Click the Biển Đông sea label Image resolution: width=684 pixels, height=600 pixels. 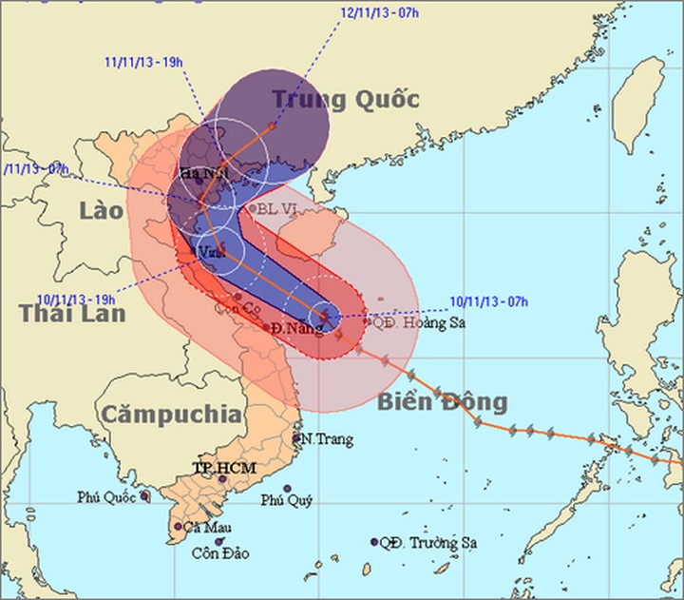[x=443, y=400]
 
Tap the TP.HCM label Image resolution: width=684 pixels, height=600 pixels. [x=214, y=468]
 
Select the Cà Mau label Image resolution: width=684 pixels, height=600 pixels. [x=206, y=528]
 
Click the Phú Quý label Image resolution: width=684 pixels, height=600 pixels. [x=286, y=501]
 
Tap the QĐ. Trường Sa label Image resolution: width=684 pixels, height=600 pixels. [x=427, y=544]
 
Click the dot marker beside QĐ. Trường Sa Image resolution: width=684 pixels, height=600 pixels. [x=375, y=543]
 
